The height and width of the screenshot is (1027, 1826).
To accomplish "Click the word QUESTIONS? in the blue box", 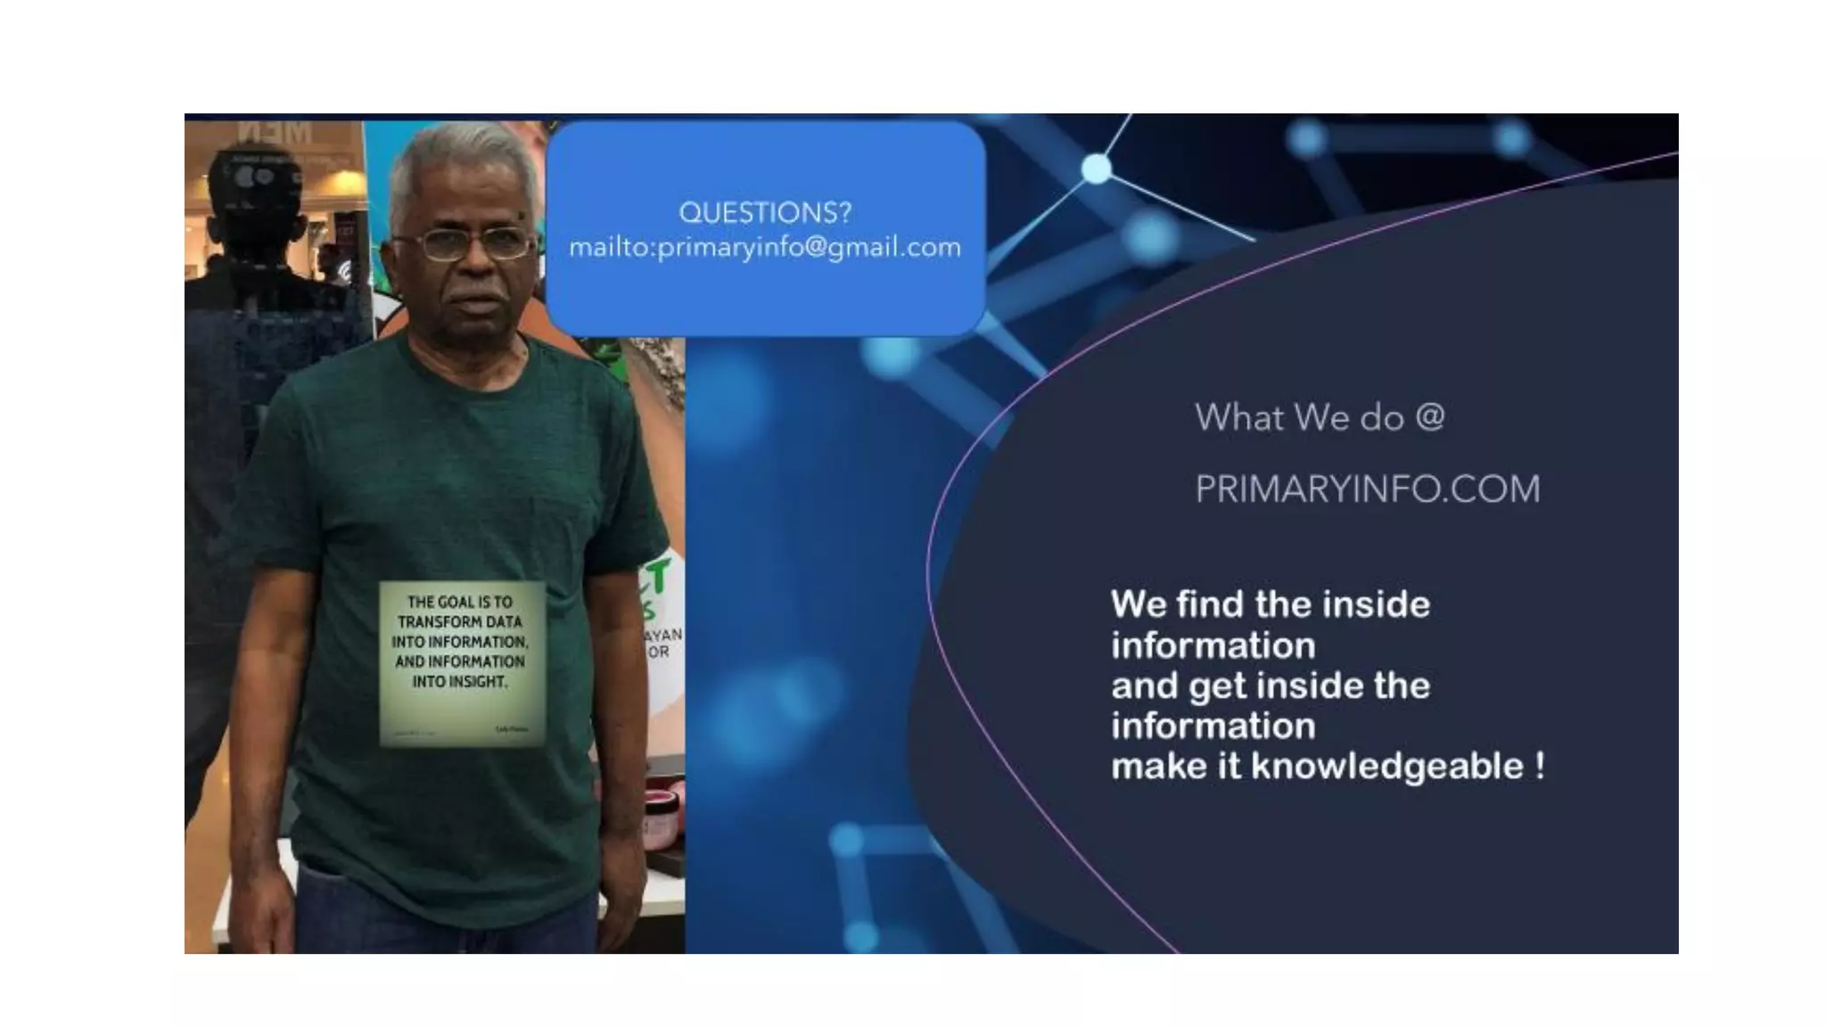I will [765, 213].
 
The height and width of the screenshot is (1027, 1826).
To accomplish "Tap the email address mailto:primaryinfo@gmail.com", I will [765, 247].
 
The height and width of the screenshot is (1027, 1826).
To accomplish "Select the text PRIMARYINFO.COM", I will [1367, 489].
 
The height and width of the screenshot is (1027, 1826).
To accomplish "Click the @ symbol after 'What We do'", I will [1429, 417].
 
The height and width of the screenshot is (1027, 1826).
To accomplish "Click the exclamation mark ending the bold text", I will [1540, 767].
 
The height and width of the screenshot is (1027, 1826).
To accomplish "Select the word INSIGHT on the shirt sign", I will [458, 682].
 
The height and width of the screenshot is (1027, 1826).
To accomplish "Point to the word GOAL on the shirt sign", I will [456, 603].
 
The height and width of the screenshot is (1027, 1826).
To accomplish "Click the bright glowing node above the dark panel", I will [1096, 168].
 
